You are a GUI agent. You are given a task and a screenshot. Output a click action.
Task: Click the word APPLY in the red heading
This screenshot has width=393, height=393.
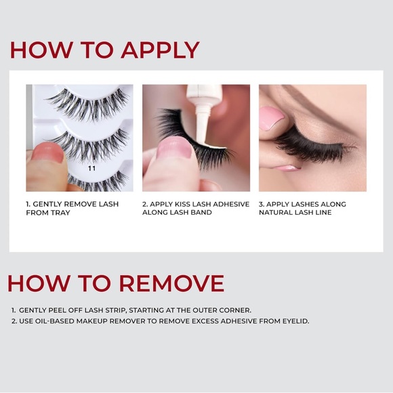point(160,50)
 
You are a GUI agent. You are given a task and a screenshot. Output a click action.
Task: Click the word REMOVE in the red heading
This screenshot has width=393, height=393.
point(171,283)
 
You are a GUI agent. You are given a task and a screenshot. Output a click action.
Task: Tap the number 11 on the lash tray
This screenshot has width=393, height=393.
point(92,169)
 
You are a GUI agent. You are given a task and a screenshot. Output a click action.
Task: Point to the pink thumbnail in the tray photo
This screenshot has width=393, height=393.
point(47,152)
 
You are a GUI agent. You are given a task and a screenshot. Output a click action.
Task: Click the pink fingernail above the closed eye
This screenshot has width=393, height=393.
point(272,118)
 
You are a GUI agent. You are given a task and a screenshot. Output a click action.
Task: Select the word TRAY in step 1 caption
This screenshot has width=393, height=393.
point(60,213)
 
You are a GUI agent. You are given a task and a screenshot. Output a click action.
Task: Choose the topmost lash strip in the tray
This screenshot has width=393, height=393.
point(87,105)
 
